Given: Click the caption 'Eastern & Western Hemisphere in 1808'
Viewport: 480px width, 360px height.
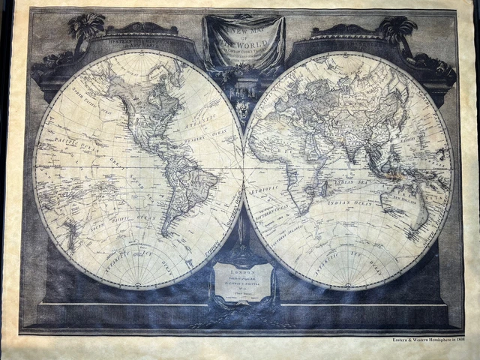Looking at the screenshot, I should [424, 339].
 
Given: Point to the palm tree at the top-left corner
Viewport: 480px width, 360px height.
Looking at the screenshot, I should [86, 28].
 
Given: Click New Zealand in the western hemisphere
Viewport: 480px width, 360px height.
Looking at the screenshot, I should [72, 232].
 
